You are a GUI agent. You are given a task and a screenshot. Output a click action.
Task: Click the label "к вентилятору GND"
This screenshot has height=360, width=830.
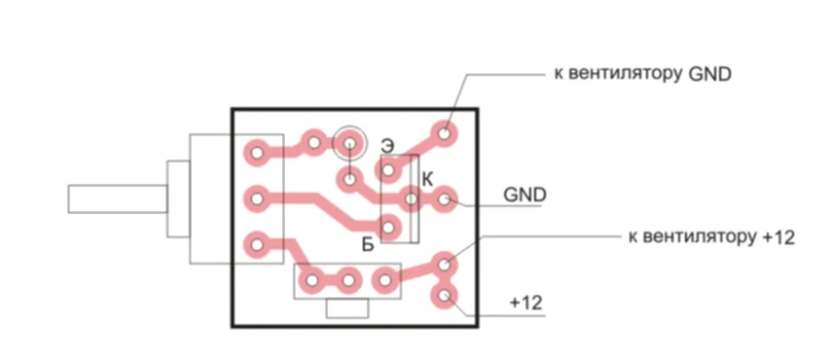(642, 74)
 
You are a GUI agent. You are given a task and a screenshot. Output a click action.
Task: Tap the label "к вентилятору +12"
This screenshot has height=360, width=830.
(711, 236)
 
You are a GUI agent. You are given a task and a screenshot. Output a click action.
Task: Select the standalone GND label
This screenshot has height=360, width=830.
(524, 195)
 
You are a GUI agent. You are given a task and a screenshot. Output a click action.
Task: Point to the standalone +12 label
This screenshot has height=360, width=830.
(525, 304)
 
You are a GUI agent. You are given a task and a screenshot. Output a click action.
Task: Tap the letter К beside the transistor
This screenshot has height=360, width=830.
(428, 180)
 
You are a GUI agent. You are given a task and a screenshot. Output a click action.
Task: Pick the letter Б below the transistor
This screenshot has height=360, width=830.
(369, 244)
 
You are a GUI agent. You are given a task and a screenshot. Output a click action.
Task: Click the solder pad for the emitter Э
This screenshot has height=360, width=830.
(388, 170)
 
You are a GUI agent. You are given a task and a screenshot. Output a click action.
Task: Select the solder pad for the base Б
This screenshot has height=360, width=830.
(388, 228)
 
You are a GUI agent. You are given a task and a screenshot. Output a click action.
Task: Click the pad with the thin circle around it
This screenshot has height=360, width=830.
(348, 142)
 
